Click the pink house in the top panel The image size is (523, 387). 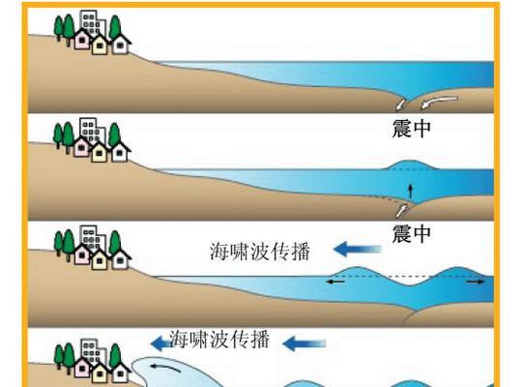tap(82, 40)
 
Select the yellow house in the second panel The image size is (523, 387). tap(99, 152)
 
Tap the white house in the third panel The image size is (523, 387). tap(120, 258)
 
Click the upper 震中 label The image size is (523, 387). tap(411, 129)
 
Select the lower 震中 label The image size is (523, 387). tap(411, 234)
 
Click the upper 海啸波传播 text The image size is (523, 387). tap(260, 252)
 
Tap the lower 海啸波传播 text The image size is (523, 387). tap(219, 340)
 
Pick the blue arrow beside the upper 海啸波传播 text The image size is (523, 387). tap(358, 249)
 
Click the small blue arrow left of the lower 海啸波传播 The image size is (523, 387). tap(160, 343)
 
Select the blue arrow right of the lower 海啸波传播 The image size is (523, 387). tap(304, 343)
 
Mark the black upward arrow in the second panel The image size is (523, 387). tap(411, 191)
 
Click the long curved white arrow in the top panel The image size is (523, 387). tap(439, 102)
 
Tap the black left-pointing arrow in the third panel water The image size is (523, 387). tap(335, 282)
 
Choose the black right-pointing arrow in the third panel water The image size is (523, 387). tap(476, 282)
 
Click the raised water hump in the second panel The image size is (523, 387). tap(411, 164)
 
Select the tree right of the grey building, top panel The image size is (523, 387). tap(115, 27)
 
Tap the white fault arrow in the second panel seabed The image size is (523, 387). tap(401, 211)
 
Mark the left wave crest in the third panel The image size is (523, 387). tap(357, 271)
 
